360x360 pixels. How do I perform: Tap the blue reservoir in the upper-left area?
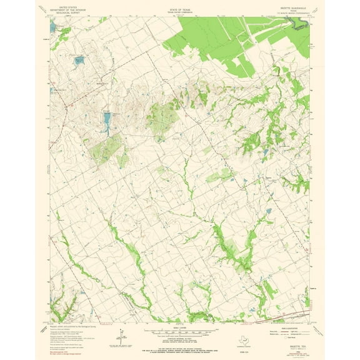tap(78, 61)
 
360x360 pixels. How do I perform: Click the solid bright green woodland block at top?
tap(212, 41)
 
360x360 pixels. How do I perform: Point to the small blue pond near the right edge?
tap(269, 211)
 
